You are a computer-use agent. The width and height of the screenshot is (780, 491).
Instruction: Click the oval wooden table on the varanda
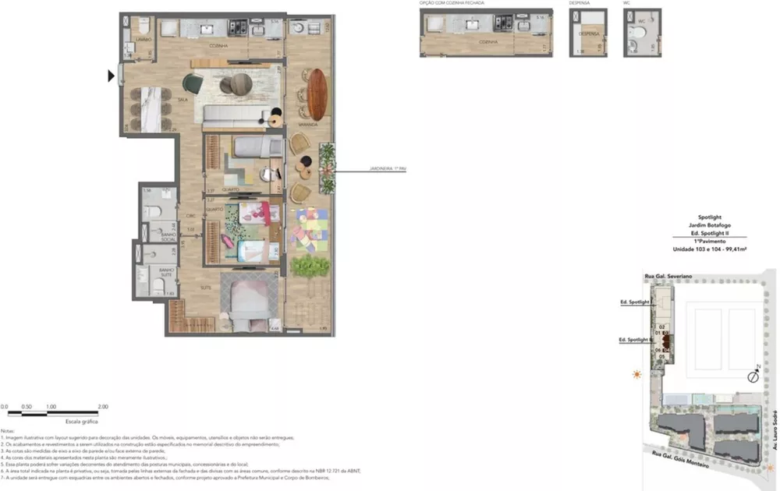coord(317,94)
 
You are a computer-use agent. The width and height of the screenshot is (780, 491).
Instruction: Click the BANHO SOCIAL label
coord(167,238)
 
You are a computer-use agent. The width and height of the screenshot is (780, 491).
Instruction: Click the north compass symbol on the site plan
coord(753,377)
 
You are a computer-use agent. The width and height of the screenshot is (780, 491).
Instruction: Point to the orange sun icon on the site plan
coord(638,375)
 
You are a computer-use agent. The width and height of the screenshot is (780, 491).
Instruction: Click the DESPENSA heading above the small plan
coord(579,3)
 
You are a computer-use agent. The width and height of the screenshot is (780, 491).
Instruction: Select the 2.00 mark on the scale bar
coord(102,407)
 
